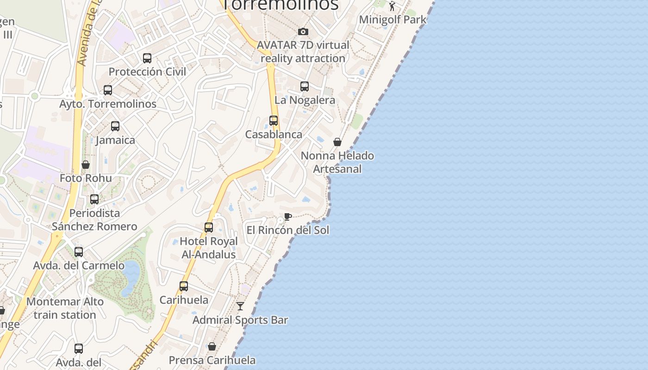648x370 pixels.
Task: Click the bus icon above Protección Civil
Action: tap(147, 58)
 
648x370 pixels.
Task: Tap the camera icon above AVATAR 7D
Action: tap(303, 31)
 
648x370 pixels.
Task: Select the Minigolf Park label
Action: tap(393, 20)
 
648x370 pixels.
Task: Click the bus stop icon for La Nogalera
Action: tap(305, 86)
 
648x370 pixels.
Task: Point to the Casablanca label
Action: tap(274, 135)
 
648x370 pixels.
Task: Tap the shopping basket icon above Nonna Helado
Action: tap(337, 142)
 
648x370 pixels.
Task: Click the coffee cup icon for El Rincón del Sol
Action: tap(287, 216)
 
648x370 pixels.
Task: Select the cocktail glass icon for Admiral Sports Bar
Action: tap(240, 306)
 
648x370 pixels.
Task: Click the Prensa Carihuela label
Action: tap(212, 360)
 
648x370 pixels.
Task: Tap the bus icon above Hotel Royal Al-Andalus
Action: tap(209, 228)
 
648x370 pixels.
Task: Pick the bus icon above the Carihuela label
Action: tap(184, 286)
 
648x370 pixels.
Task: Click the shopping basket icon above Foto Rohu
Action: tap(86, 165)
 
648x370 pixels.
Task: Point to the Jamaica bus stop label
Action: tap(115, 140)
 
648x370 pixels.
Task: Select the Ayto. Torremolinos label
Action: tap(108, 104)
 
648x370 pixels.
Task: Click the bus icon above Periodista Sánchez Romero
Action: tap(94, 199)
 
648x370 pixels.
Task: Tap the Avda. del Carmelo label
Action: tap(79, 266)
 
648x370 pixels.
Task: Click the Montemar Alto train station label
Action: tap(65, 308)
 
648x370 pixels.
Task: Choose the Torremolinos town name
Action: tap(280, 5)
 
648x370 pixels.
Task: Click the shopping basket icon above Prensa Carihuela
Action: tap(212, 346)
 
